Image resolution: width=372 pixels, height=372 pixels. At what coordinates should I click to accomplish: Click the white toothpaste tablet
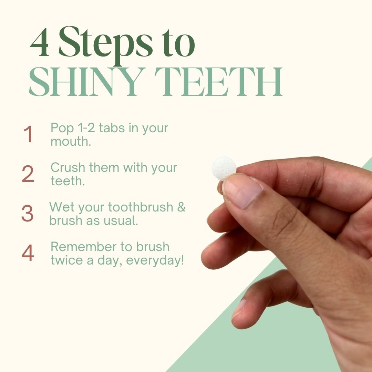[x=224, y=168]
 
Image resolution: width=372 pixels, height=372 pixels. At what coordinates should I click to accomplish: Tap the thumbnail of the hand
[x=242, y=190]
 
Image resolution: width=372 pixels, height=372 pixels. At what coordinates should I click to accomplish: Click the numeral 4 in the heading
[x=39, y=42]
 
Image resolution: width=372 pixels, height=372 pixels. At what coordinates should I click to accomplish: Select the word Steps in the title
[x=106, y=45]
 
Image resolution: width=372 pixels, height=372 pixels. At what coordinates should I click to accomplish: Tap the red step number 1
[x=28, y=134]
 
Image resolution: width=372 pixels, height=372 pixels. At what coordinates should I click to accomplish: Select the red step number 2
[x=28, y=174]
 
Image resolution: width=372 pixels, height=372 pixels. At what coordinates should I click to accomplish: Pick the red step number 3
[x=28, y=213]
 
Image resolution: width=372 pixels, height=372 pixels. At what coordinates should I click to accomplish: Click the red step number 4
[x=28, y=253]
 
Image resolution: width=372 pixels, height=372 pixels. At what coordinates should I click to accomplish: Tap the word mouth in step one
[x=71, y=142]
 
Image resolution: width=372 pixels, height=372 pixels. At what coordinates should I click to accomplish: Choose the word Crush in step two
[x=68, y=167]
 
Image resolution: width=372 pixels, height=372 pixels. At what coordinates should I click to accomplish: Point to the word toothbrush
[x=141, y=207]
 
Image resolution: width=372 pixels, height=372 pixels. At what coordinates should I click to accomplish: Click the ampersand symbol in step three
[x=181, y=207]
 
